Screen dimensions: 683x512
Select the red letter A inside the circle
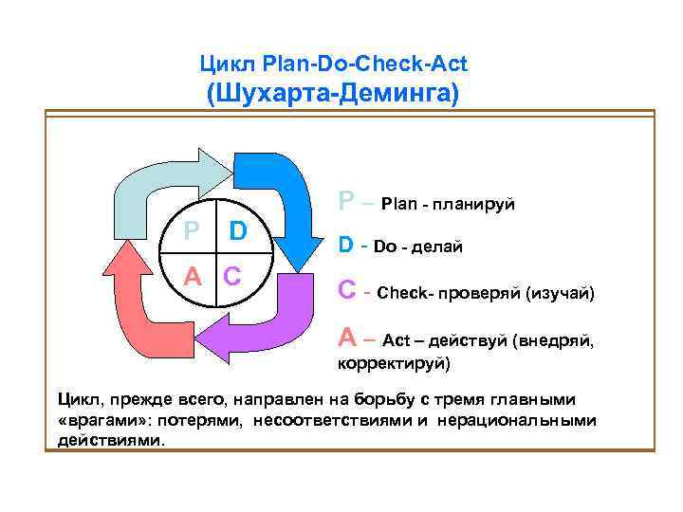pos(192,276)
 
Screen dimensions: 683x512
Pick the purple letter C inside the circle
pos(234,276)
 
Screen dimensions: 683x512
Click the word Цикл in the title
pos(222,64)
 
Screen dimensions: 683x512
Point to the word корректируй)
pos(395,363)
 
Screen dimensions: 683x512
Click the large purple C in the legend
pos(349,291)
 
